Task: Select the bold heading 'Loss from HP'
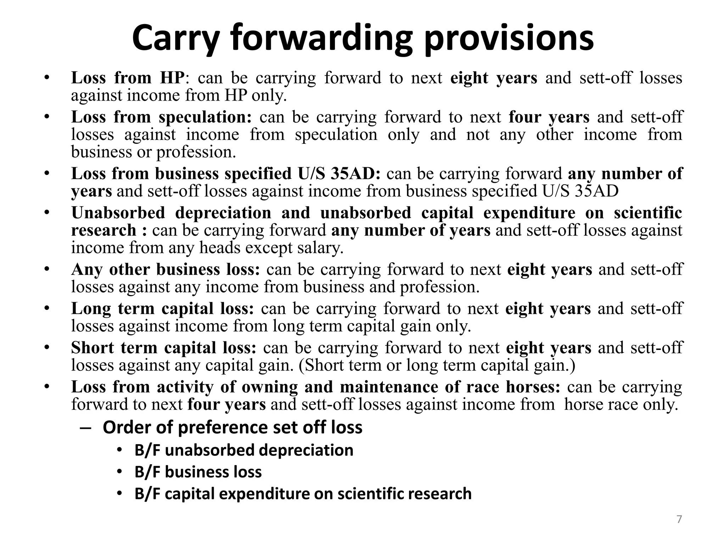coord(128,78)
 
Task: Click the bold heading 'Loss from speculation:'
coord(161,117)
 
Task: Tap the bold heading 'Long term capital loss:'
coord(163,308)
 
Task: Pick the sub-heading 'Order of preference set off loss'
coord(233,427)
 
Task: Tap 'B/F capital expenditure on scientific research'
coord(303,494)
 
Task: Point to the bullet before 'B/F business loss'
coord(119,472)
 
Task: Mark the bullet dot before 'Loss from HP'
coord(46,78)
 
